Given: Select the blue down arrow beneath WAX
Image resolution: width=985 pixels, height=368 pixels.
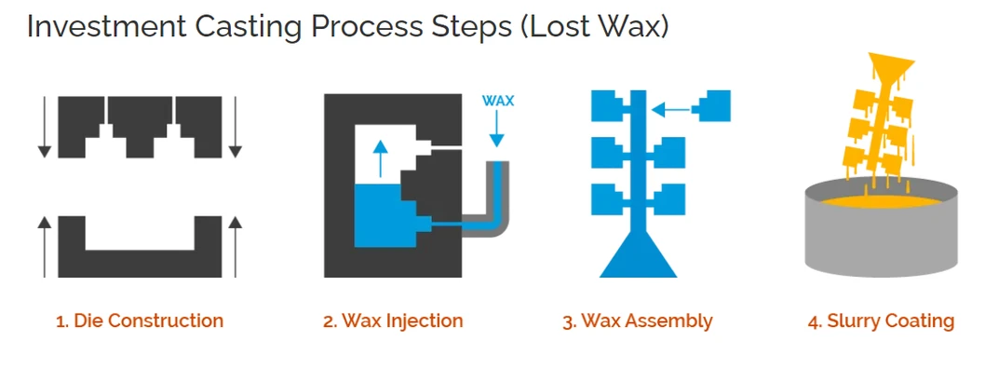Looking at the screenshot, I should click(x=497, y=129).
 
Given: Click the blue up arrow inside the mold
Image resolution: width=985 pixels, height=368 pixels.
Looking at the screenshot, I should click(x=379, y=157).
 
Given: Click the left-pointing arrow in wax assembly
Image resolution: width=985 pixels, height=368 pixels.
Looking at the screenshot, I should click(x=672, y=110).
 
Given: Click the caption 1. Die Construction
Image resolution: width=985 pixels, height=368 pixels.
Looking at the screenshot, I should click(x=140, y=321).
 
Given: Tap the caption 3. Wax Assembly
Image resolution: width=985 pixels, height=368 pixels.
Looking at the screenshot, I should click(x=638, y=321).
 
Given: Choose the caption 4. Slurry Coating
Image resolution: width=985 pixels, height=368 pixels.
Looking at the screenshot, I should click(x=881, y=321).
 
